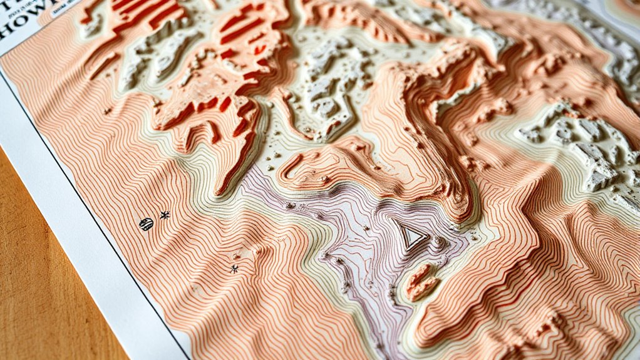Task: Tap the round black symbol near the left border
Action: tap(146, 224)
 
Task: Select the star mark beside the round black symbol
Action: tap(165, 215)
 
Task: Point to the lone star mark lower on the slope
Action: tap(234, 269)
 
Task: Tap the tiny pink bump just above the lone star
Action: tap(237, 255)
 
